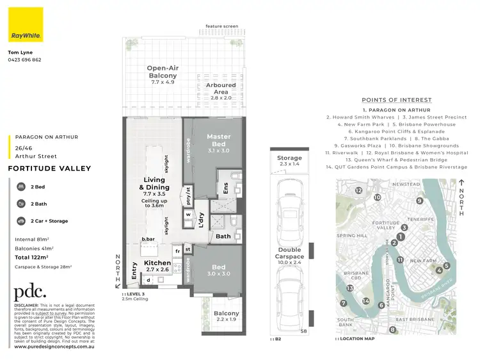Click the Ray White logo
[x=26, y=25]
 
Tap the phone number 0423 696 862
[x=24, y=60]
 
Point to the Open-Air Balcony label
[x=163, y=76]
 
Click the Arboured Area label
[x=220, y=88]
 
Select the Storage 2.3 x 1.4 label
[x=289, y=161]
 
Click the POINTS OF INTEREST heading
[x=396, y=100]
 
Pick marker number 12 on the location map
[x=359, y=191]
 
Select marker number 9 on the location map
[x=420, y=200]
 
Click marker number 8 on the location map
[x=392, y=330]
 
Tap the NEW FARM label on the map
[x=422, y=261]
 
